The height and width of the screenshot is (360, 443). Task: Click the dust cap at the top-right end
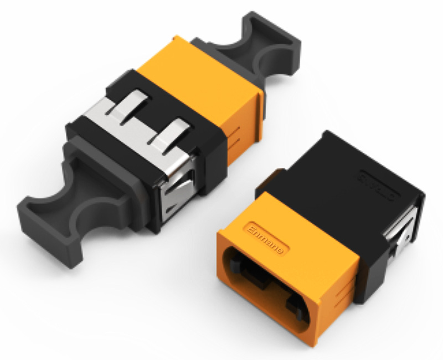point(260,47)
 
